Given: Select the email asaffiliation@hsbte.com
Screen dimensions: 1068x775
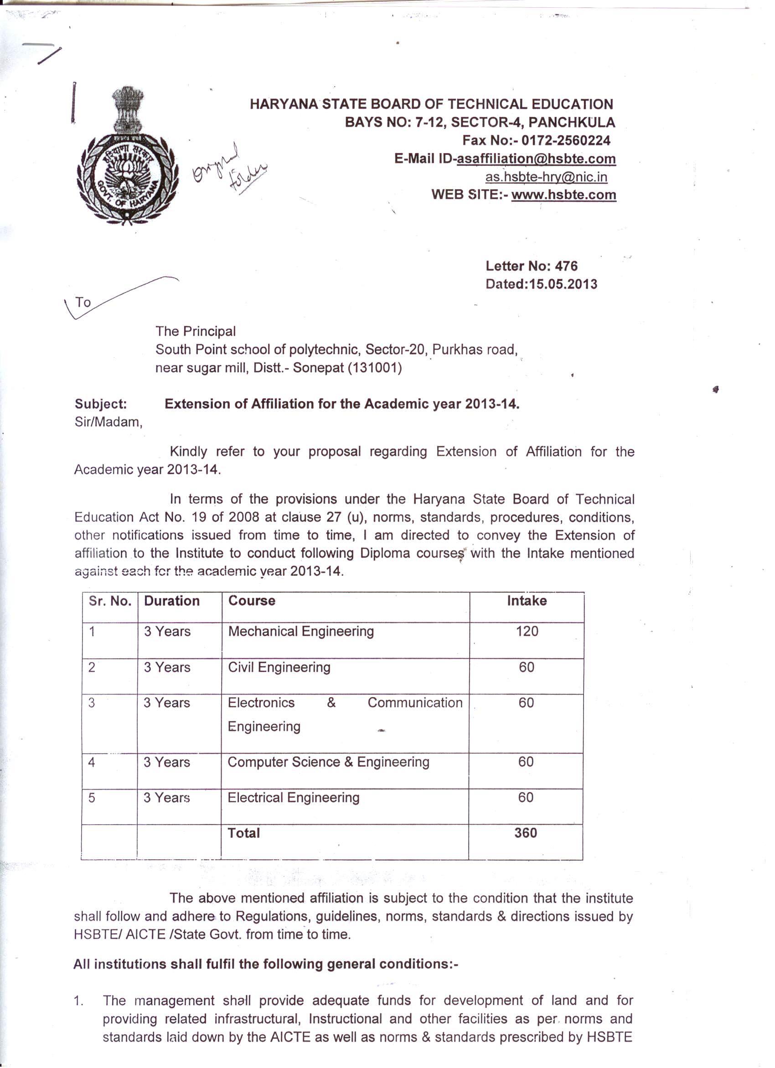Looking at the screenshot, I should (536, 159).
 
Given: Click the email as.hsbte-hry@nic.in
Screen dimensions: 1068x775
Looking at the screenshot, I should (546, 177).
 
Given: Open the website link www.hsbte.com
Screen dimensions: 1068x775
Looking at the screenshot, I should (563, 195).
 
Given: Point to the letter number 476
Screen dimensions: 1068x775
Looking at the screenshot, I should (566, 266).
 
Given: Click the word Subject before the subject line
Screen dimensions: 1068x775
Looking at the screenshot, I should (101, 404).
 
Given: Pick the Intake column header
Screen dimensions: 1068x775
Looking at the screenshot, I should (527, 601).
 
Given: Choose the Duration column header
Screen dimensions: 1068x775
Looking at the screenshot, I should (172, 601).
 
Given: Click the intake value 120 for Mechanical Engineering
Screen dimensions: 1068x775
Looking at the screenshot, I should (527, 632).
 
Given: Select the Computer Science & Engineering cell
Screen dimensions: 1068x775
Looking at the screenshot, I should (328, 762).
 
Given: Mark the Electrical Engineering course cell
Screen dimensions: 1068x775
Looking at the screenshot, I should (294, 798).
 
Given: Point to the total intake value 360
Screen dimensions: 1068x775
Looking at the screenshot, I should (526, 833).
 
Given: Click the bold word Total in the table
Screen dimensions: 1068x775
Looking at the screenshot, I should (243, 833).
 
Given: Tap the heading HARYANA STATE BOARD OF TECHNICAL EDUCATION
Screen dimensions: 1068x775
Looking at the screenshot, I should (431, 104).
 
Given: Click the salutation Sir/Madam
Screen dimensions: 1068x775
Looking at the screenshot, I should (108, 422).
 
